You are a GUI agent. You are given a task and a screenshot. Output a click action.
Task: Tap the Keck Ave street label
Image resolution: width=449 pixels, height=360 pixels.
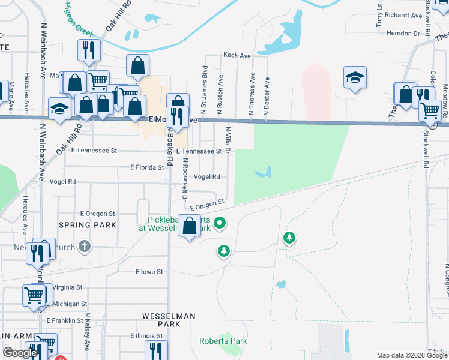(x=237, y=55)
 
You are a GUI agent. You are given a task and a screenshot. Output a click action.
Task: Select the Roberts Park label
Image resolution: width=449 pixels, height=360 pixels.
(x=223, y=341)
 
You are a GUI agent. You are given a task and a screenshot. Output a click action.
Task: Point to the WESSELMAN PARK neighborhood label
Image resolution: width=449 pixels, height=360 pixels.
(x=161, y=319)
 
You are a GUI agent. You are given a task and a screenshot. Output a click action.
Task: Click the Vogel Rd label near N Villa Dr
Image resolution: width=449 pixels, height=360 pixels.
(x=207, y=176)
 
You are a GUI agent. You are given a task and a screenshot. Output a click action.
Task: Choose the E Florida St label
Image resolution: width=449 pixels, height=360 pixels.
(x=147, y=167)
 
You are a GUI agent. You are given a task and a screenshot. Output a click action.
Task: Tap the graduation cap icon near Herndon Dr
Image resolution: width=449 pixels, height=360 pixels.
(x=355, y=77)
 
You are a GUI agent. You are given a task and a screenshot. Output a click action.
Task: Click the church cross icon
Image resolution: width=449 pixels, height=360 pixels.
(x=85, y=246)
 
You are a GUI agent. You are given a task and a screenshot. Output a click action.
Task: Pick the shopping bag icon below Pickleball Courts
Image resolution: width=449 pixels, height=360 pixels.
(x=190, y=226)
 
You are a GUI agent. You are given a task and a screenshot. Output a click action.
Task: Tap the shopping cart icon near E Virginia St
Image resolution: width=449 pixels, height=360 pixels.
(x=34, y=294)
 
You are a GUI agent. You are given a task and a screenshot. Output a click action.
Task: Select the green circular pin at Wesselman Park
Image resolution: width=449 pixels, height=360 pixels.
(x=220, y=224)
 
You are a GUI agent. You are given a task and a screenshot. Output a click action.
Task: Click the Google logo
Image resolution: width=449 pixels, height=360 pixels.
(x=20, y=353)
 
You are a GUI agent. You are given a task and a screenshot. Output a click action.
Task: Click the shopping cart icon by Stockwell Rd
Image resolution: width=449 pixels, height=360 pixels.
(x=430, y=110)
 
